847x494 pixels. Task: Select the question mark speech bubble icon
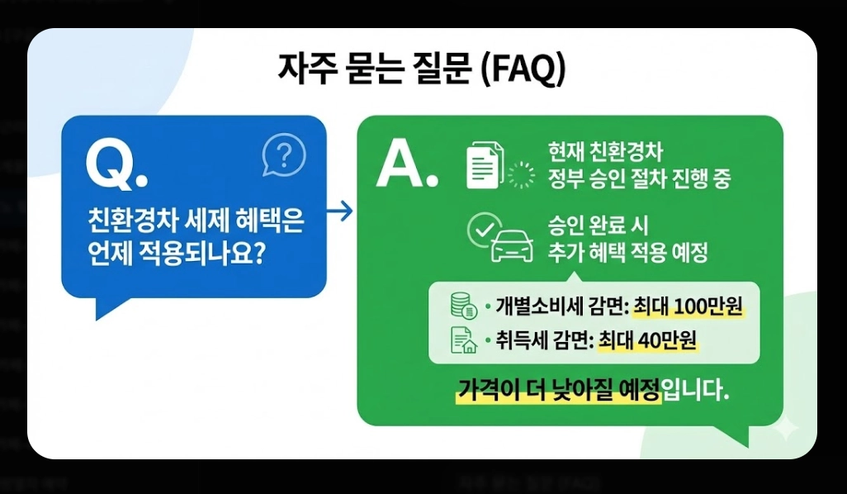pyautogui.click(x=283, y=154)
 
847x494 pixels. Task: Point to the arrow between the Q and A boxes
pyautogui.click(x=339, y=211)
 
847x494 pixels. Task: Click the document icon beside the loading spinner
pyautogui.click(x=484, y=164)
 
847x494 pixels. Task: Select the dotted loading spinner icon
pyautogui.click(x=521, y=175)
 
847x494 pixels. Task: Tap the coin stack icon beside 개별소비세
pyautogui.click(x=464, y=306)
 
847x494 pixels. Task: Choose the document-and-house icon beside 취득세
pyautogui.click(x=464, y=340)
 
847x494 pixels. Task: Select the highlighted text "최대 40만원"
pyautogui.click(x=648, y=340)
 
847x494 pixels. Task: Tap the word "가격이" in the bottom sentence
pyautogui.click(x=485, y=389)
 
